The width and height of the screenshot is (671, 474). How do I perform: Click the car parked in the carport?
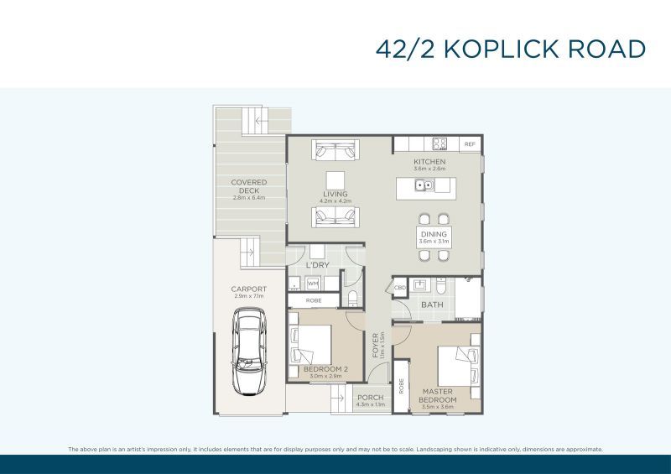coord(249,352)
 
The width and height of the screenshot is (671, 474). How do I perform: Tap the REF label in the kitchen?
coord(470,144)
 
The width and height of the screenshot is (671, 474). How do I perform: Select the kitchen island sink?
coord(428,185)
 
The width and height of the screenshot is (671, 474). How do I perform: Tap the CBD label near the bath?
coord(400,289)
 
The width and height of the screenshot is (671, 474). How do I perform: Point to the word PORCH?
coord(370,398)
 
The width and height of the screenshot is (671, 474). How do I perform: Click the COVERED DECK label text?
coord(249,186)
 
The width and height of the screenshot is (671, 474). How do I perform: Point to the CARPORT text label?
coord(249,289)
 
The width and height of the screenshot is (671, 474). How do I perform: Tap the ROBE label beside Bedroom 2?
coord(313,300)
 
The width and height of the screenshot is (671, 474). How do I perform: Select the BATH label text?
coord(432,305)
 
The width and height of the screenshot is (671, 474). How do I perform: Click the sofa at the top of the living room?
coord(335,151)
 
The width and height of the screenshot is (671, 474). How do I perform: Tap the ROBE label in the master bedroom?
coord(402,386)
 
